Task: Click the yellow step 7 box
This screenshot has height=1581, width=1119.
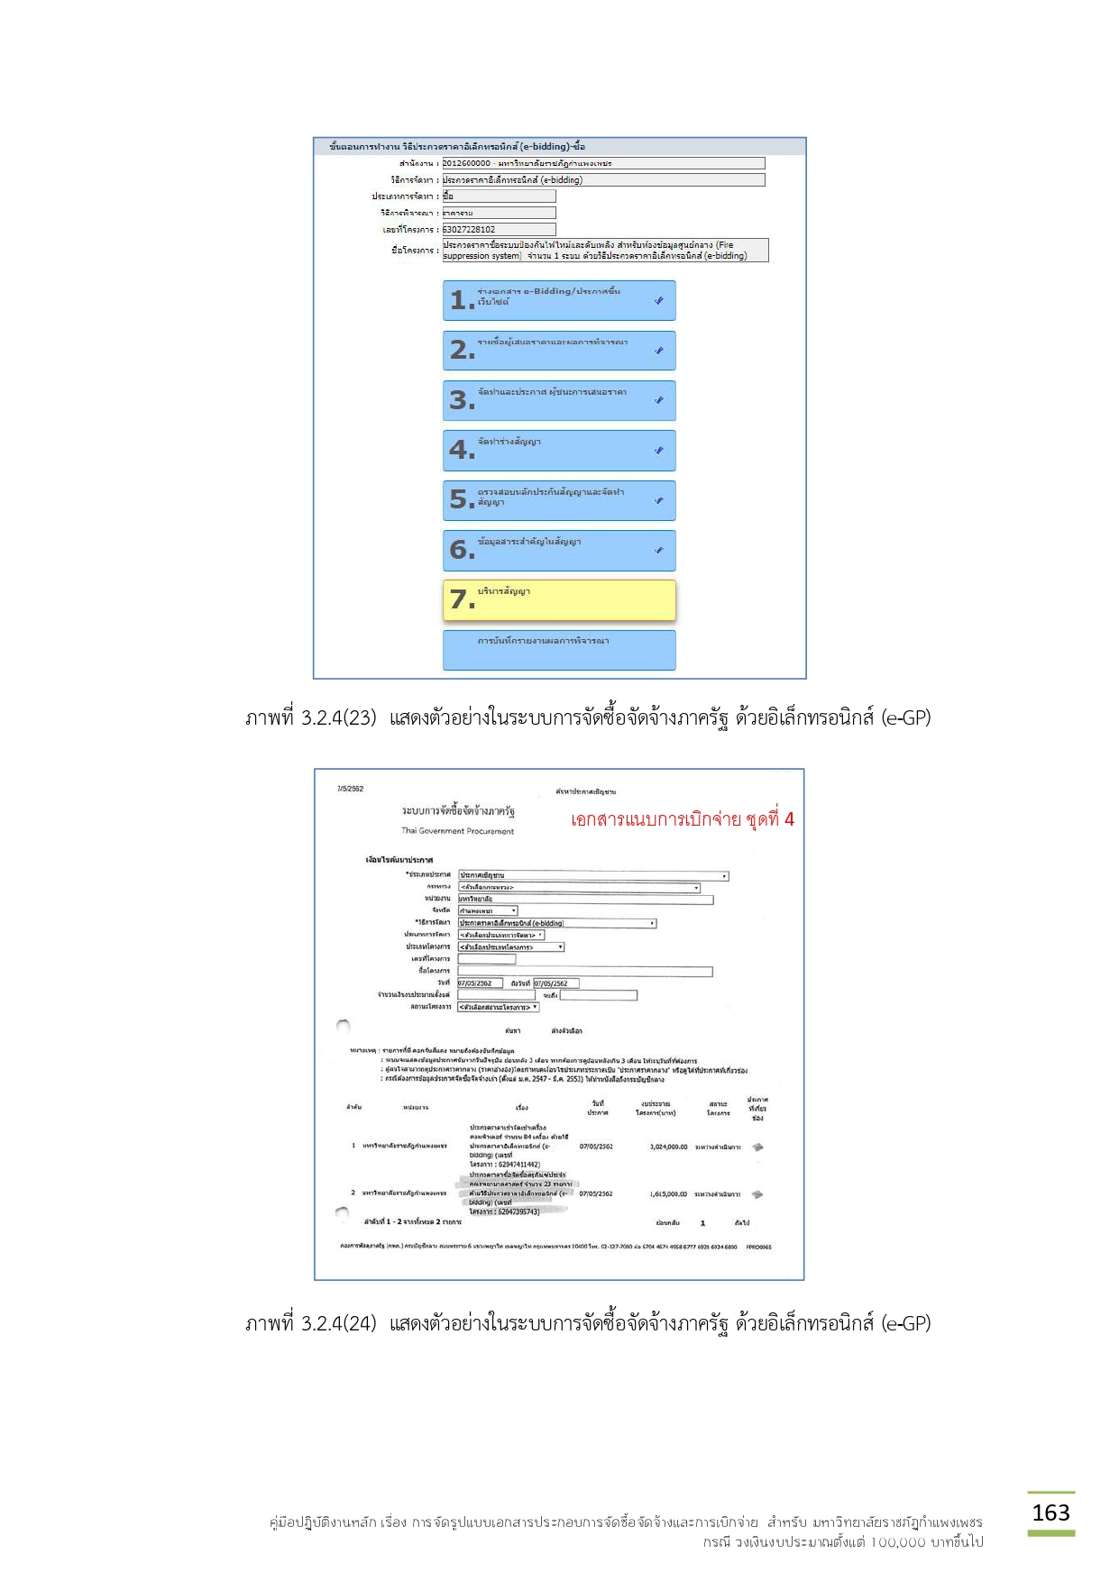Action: point(559,599)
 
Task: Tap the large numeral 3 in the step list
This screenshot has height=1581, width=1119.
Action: point(460,400)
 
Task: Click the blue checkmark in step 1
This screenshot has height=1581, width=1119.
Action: point(659,300)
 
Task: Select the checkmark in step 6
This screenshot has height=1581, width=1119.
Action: point(659,550)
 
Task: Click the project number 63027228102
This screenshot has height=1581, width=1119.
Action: point(470,230)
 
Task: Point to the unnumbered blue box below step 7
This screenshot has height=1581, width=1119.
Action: point(559,649)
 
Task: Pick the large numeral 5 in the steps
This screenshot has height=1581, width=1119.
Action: point(460,499)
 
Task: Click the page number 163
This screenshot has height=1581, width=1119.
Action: point(1050,1512)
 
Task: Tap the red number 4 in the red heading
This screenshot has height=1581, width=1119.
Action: point(789,819)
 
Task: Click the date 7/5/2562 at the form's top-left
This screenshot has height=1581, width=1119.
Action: point(350,789)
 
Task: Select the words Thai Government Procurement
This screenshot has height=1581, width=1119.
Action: point(457,831)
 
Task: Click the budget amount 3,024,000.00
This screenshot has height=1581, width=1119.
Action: point(668,1147)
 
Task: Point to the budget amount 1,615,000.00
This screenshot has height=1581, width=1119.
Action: point(668,1193)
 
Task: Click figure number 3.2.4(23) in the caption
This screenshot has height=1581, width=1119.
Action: point(338,718)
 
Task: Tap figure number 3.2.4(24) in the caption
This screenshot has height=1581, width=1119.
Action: point(338,1323)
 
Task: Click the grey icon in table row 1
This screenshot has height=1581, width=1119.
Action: point(757,1147)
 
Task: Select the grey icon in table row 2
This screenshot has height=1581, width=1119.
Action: point(757,1193)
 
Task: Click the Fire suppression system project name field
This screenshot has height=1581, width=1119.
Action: point(604,250)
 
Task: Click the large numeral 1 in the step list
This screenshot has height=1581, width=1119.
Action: point(460,300)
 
